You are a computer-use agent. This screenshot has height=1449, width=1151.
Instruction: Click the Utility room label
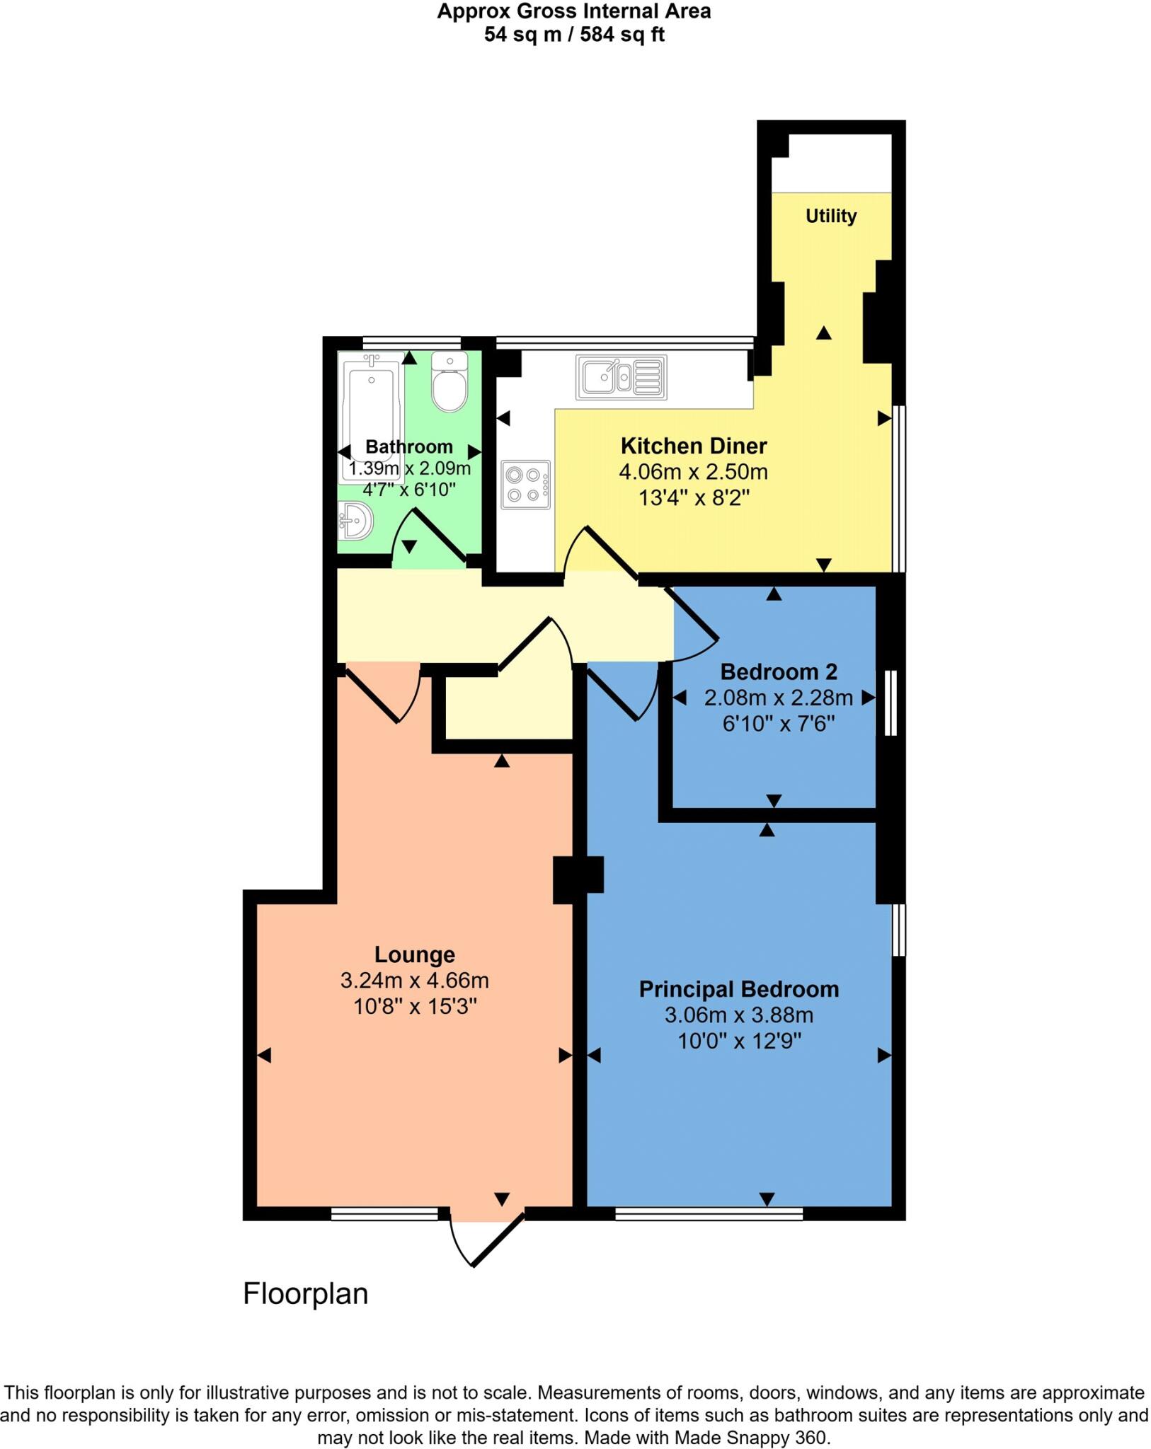point(830,216)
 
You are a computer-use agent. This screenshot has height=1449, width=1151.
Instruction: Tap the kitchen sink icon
point(621,377)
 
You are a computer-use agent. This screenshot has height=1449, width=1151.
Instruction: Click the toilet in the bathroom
point(449,382)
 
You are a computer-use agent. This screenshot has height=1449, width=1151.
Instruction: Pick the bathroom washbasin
point(356,521)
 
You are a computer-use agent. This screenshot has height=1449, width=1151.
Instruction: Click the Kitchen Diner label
point(693,446)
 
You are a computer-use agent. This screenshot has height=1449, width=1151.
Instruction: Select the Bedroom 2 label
point(778,671)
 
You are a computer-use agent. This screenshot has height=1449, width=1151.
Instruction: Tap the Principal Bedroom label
point(738,989)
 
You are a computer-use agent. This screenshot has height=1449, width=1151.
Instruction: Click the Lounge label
point(414,954)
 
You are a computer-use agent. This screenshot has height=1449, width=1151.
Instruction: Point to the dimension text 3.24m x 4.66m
point(414,981)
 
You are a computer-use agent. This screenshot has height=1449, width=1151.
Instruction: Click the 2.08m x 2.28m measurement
point(778,698)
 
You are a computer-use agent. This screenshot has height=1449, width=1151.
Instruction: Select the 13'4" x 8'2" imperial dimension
point(693,498)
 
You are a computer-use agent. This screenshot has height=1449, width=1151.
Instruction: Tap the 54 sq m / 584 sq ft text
point(573,35)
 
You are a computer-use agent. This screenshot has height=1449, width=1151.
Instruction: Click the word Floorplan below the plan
point(305,1294)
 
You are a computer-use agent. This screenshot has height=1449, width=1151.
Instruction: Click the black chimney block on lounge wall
point(577,879)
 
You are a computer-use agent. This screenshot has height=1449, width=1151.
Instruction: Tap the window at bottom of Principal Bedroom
point(709,1214)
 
